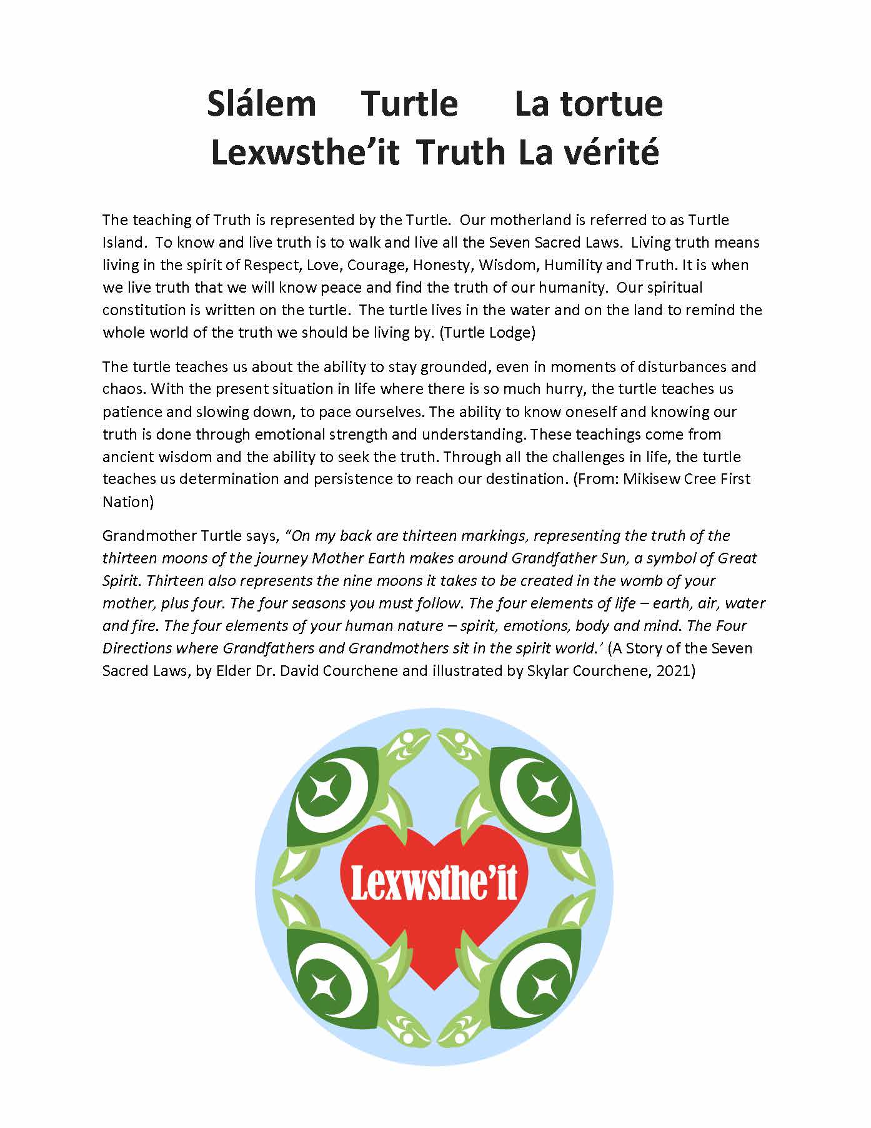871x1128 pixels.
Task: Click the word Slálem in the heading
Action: [x=261, y=104]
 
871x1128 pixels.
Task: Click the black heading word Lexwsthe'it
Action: [x=305, y=153]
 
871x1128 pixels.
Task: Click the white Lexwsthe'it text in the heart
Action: [x=434, y=883]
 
